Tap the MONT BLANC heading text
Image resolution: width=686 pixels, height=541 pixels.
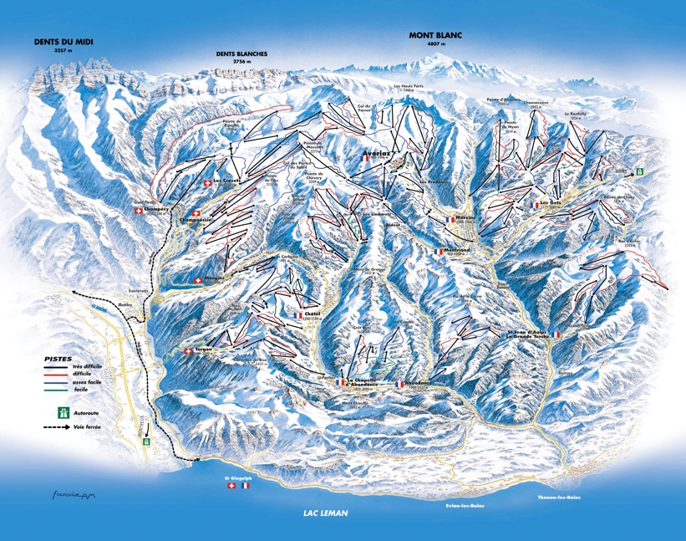coord(434,35)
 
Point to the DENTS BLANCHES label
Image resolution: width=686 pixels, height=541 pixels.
coord(241,54)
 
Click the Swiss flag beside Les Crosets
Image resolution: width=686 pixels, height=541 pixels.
coord(207,183)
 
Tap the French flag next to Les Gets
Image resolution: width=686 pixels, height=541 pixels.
coord(534,203)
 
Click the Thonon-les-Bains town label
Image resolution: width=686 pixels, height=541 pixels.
coord(554,498)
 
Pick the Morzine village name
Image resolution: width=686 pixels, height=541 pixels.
coord(465,217)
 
